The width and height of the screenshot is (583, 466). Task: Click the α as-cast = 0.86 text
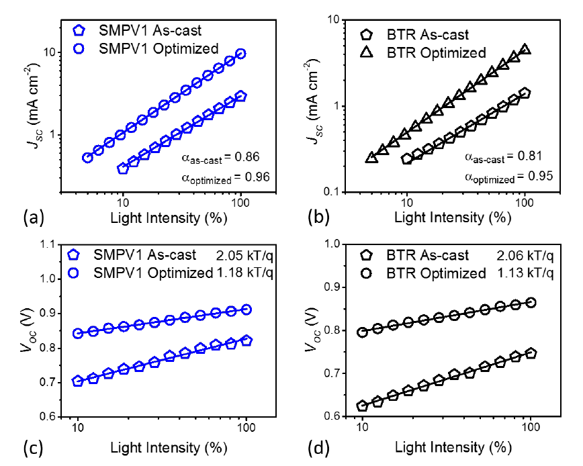coord(221,158)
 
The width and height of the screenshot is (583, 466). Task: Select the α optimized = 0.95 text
coord(508,177)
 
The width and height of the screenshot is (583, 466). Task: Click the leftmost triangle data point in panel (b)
coord(371,158)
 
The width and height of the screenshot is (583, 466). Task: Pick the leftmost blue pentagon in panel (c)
coord(78,381)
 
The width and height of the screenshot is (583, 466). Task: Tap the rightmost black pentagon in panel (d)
coord(531,353)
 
